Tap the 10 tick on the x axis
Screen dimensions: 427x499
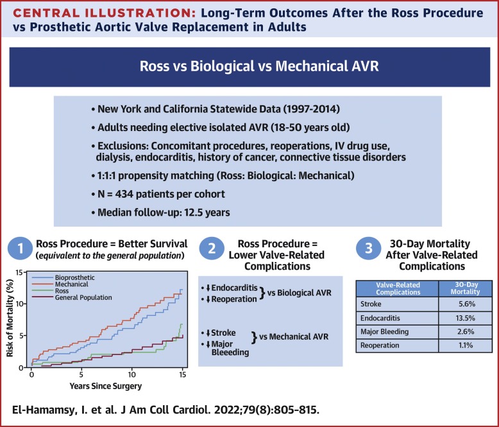tap(132, 374)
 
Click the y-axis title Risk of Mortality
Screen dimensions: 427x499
tap(9, 321)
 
